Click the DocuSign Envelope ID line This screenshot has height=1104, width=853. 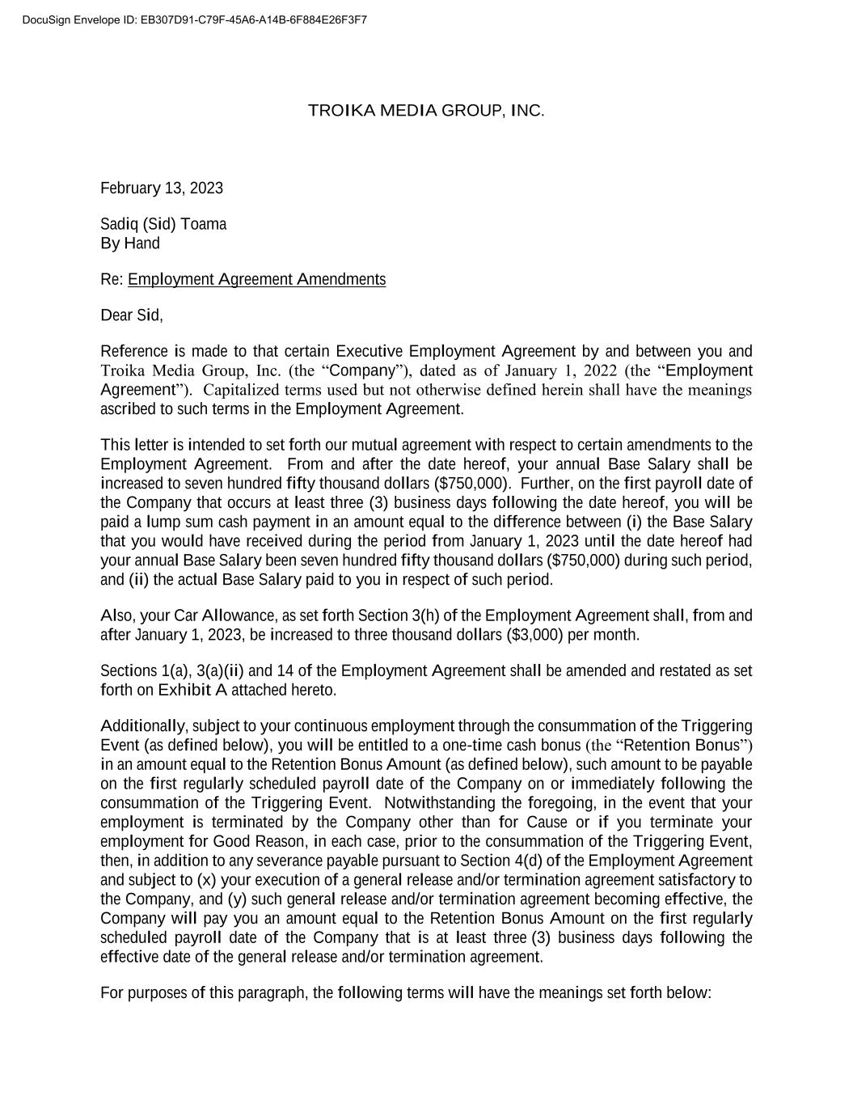(195, 19)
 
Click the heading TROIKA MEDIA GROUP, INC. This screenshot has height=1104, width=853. (426, 111)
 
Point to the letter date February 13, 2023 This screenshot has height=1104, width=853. (162, 188)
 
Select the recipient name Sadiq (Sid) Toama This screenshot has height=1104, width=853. (163, 224)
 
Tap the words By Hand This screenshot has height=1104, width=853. (130, 243)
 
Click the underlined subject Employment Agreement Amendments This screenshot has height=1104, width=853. (256, 280)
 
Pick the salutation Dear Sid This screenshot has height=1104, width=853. (131, 315)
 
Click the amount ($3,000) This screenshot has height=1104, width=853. (534, 635)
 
